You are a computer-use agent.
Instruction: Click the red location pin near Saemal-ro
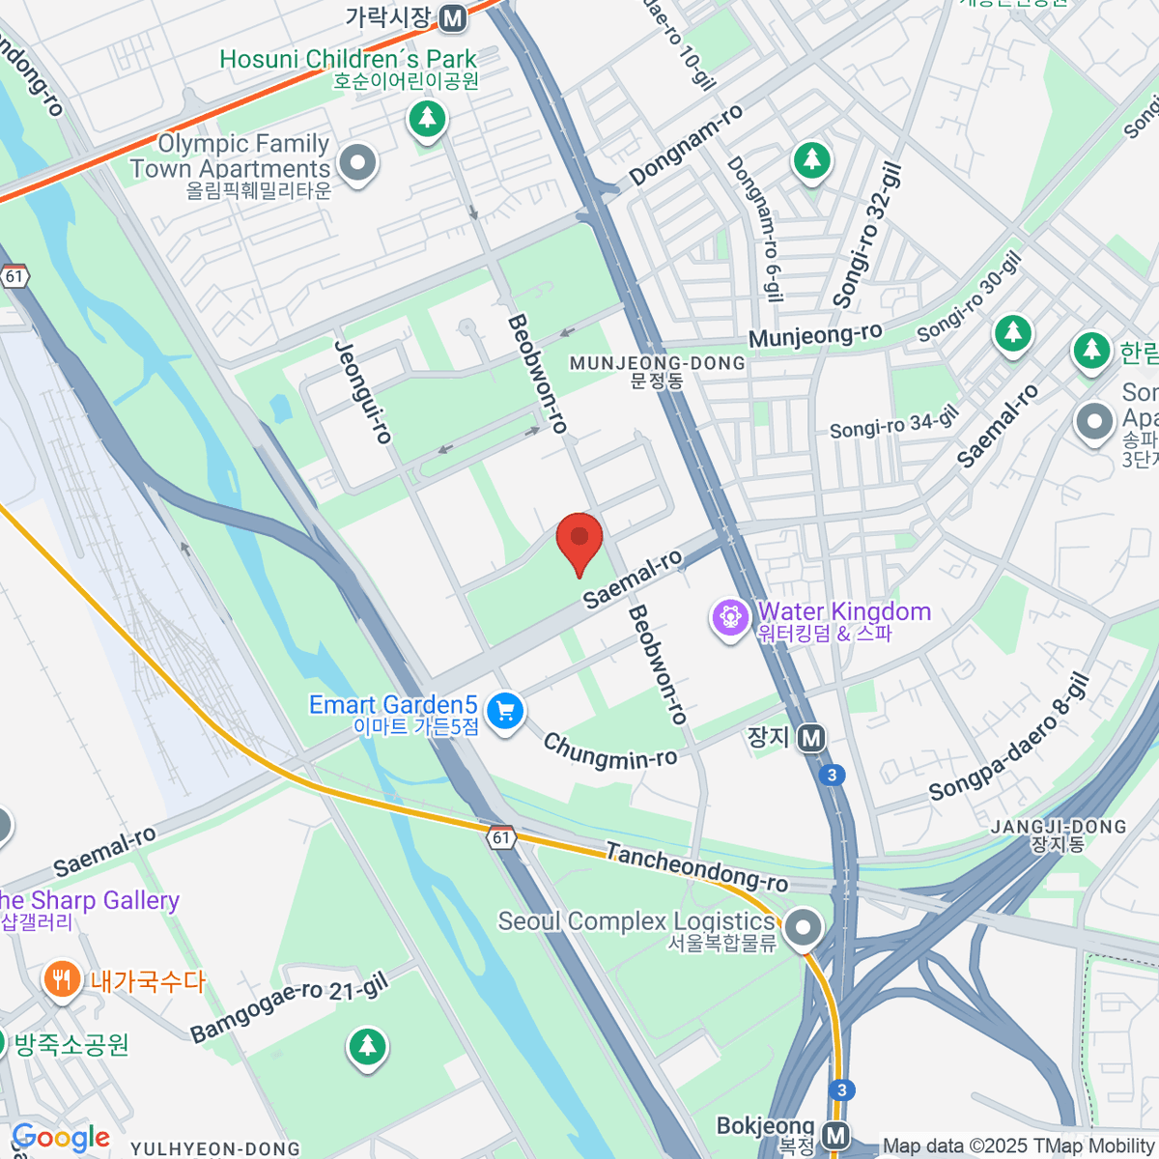(579, 542)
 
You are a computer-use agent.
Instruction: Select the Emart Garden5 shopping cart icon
(504, 713)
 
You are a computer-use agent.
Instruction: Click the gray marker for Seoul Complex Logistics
(803, 928)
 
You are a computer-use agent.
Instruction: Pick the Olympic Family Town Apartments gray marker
(358, 162)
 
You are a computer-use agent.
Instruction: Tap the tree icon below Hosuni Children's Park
(427, 120)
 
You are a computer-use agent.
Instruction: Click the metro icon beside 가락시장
(452, 17)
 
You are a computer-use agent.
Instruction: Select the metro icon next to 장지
(812, 739)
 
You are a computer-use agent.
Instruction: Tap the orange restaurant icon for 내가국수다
(61, 980)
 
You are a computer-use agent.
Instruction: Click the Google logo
(60, 1138)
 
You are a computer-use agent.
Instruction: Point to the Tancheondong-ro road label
(695, 866)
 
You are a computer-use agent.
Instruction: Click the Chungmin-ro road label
(609, 751)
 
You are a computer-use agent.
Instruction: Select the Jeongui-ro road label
(363, 392)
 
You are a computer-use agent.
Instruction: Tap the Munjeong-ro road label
(815, 335)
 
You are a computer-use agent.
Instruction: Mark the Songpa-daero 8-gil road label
(1009, 739)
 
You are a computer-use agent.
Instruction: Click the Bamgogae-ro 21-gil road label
(289, 1007)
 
